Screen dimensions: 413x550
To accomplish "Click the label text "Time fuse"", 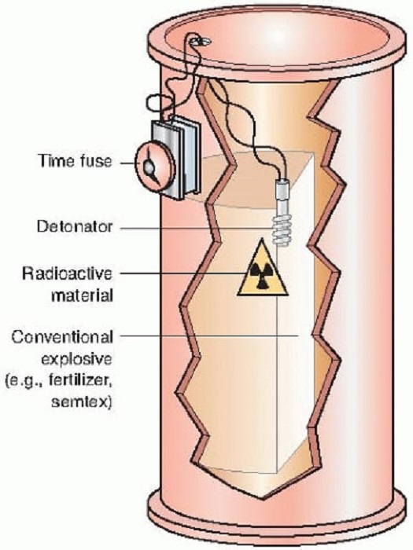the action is (76, 161).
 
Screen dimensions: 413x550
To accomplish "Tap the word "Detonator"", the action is (75, 226).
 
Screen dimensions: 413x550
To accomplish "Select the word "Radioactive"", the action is (67, 273).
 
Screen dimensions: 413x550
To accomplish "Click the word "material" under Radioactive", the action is (82, 295).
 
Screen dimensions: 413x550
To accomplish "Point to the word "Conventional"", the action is (62, 337).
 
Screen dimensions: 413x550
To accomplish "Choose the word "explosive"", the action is (77, 359).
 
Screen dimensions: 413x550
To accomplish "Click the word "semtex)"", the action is (82, 401).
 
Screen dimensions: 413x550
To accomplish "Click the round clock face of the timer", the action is (154, 167).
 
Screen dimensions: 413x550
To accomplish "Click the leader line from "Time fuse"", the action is (127, 163).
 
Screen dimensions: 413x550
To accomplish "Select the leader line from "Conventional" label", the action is (209, 335).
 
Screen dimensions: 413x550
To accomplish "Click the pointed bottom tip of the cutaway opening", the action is (263, 497).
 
